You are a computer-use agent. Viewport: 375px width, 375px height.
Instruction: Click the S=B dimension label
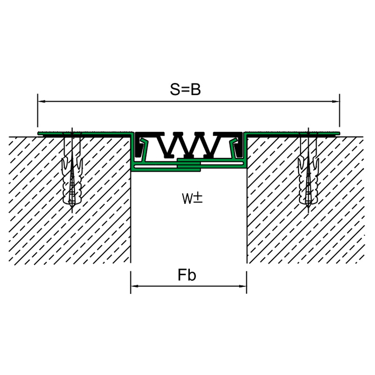point(185,90)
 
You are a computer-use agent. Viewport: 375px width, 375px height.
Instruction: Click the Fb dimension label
point(187,275)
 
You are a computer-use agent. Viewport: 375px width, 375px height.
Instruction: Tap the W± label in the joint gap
point(192,198)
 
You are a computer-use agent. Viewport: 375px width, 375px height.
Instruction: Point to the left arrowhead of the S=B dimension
point(42,101)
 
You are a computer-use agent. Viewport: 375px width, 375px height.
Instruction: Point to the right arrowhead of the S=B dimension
point(336,101)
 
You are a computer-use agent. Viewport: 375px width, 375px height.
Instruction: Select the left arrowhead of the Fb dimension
point(135,286)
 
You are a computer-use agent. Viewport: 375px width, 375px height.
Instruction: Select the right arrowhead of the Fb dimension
point(243,286)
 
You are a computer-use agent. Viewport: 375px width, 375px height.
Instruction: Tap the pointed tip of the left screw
point(72,212)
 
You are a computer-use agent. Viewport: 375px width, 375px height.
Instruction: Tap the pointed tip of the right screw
point(308,212)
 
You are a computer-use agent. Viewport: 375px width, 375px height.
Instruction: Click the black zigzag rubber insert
point(189,145)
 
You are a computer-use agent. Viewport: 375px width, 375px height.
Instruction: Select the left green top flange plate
point(85,133)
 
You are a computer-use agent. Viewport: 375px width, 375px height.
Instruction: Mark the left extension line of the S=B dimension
point(37,111)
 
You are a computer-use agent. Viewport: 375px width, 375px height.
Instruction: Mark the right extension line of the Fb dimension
point(247,282)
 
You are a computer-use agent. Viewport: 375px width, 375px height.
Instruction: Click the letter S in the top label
point(174,90)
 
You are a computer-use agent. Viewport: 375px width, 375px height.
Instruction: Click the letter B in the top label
point(196,90)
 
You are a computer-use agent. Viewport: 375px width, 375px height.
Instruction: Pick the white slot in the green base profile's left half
point(156,166)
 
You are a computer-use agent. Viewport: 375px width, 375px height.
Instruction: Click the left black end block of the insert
point(139,145)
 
